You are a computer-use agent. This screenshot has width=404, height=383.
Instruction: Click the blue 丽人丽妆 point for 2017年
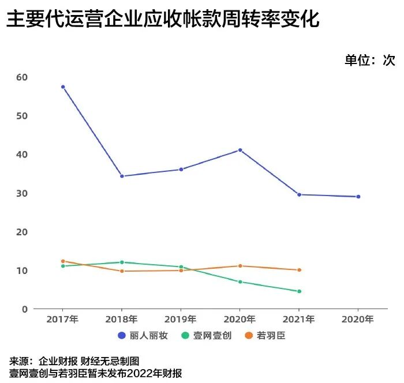click(x=63, y=87)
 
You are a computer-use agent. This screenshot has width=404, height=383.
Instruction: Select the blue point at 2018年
click(x=122, y=176)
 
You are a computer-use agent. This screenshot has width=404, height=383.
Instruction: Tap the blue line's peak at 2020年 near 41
click(x=240, y=150)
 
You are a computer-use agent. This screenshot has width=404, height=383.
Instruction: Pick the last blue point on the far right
click(x=358, y=197)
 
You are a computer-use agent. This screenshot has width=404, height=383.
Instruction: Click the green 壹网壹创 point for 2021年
click(x=299, y=291)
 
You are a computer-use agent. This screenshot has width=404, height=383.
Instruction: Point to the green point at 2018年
click(x=122, y=262)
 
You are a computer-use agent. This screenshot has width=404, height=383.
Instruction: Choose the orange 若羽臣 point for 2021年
click(x=299, y=270)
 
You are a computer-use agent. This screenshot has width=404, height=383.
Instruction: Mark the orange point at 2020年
click(x=240, y=266)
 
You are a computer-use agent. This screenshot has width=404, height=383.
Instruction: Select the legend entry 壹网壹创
click(x=206, y=335)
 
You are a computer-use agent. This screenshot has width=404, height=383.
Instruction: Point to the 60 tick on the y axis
click(x=22, y=77)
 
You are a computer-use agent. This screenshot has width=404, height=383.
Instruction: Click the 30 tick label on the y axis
click(x=22, y=193)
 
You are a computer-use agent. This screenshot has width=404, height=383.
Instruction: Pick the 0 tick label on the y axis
click(x=25, y=309)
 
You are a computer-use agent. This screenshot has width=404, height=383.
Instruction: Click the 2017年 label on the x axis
click(x=63, y=319)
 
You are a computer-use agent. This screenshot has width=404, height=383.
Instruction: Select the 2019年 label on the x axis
click(x=181, y=319)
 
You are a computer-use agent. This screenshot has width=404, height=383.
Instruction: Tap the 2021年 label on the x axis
click(x=299, y=319)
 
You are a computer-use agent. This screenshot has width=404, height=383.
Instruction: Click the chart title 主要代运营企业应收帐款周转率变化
click(x=163, y=20)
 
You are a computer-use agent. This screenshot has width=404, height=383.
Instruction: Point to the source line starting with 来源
click(x=74, y=361)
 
